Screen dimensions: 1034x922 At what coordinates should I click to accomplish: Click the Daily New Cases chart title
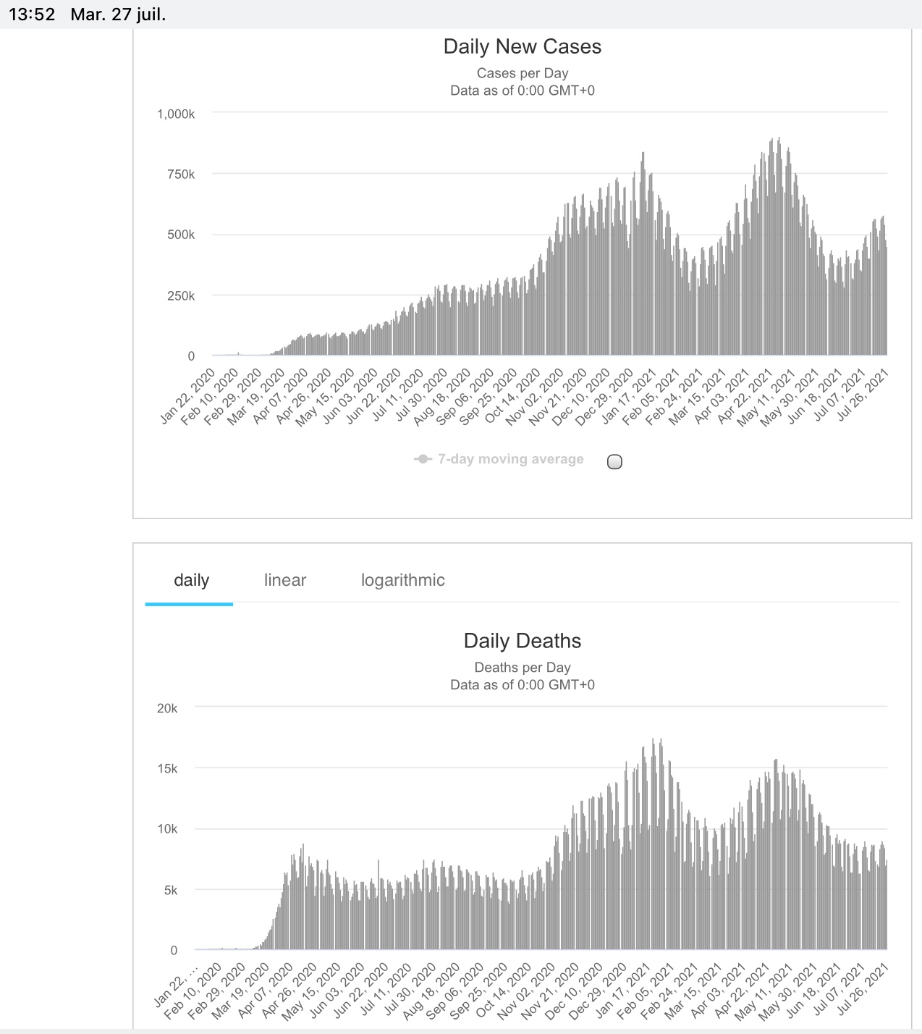[x=522, y=47]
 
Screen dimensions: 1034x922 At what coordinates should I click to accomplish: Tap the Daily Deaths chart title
[x=522, y=641]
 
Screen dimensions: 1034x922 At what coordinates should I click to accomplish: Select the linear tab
[x=284, y=580]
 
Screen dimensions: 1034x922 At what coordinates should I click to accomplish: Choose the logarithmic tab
[x=402, y=580]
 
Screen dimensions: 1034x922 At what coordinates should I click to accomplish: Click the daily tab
[x=191, y=580]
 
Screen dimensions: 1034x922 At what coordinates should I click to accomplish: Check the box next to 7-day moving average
[x=614, y=462]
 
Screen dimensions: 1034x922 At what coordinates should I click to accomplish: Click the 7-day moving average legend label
[x=510, y=459]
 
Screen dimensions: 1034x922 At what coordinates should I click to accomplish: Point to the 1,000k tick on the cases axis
[x=176, y=114]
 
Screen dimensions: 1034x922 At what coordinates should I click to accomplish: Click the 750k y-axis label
[x=181, y=175]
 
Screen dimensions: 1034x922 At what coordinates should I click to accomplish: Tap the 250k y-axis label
[x=181, y=295]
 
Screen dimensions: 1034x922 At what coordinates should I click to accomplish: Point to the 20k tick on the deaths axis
[x=167, y=708]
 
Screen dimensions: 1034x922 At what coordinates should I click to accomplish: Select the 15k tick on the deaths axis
[x=167, y=768]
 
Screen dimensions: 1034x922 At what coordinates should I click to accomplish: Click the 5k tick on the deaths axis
[x=170, y=890]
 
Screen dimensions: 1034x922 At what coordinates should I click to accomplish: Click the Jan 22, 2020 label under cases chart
[x=187, y=395]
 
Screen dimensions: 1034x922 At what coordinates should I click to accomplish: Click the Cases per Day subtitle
[x=522, y=73]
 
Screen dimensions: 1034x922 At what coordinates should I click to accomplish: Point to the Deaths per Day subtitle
[x=522, y=668]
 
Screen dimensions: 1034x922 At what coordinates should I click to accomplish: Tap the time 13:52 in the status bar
[x=32, y=14]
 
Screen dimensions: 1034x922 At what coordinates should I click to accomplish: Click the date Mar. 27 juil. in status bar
[x=118, y=14]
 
